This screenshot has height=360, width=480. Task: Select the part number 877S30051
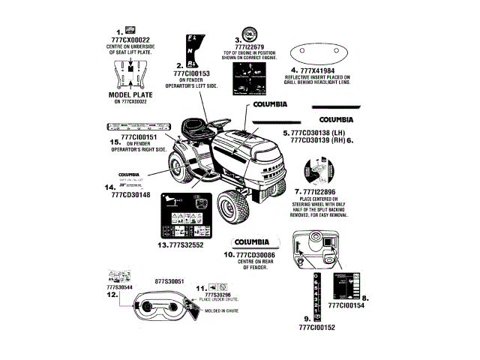tap(169, 280)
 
